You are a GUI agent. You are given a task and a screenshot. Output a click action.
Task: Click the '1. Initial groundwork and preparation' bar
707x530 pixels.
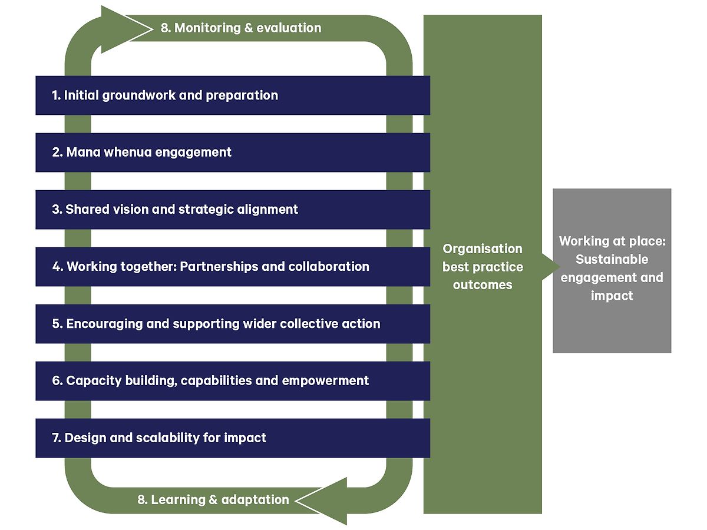point(232,95)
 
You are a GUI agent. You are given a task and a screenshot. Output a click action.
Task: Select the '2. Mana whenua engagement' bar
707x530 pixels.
point(232,153)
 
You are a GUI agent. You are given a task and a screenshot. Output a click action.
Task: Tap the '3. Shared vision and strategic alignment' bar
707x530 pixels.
point(232,210)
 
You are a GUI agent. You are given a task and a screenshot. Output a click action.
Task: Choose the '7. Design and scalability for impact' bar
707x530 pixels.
point(232,438)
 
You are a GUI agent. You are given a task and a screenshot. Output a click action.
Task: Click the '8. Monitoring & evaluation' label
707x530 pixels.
point(241,28)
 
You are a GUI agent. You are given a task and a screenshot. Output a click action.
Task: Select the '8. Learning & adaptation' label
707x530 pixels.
point(213,500)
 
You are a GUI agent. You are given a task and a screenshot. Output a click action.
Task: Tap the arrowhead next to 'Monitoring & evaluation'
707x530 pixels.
point(118,28)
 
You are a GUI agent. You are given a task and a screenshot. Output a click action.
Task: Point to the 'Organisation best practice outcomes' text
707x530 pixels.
point(483,267)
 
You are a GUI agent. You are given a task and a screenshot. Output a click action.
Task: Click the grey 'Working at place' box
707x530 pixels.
point(612,270)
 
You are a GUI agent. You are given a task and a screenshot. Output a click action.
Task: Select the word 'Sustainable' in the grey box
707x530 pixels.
point(612,259)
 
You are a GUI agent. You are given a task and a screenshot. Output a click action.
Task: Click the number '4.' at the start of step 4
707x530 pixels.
point(58,267)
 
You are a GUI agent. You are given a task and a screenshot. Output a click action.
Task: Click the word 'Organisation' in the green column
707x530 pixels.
point(483,249)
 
